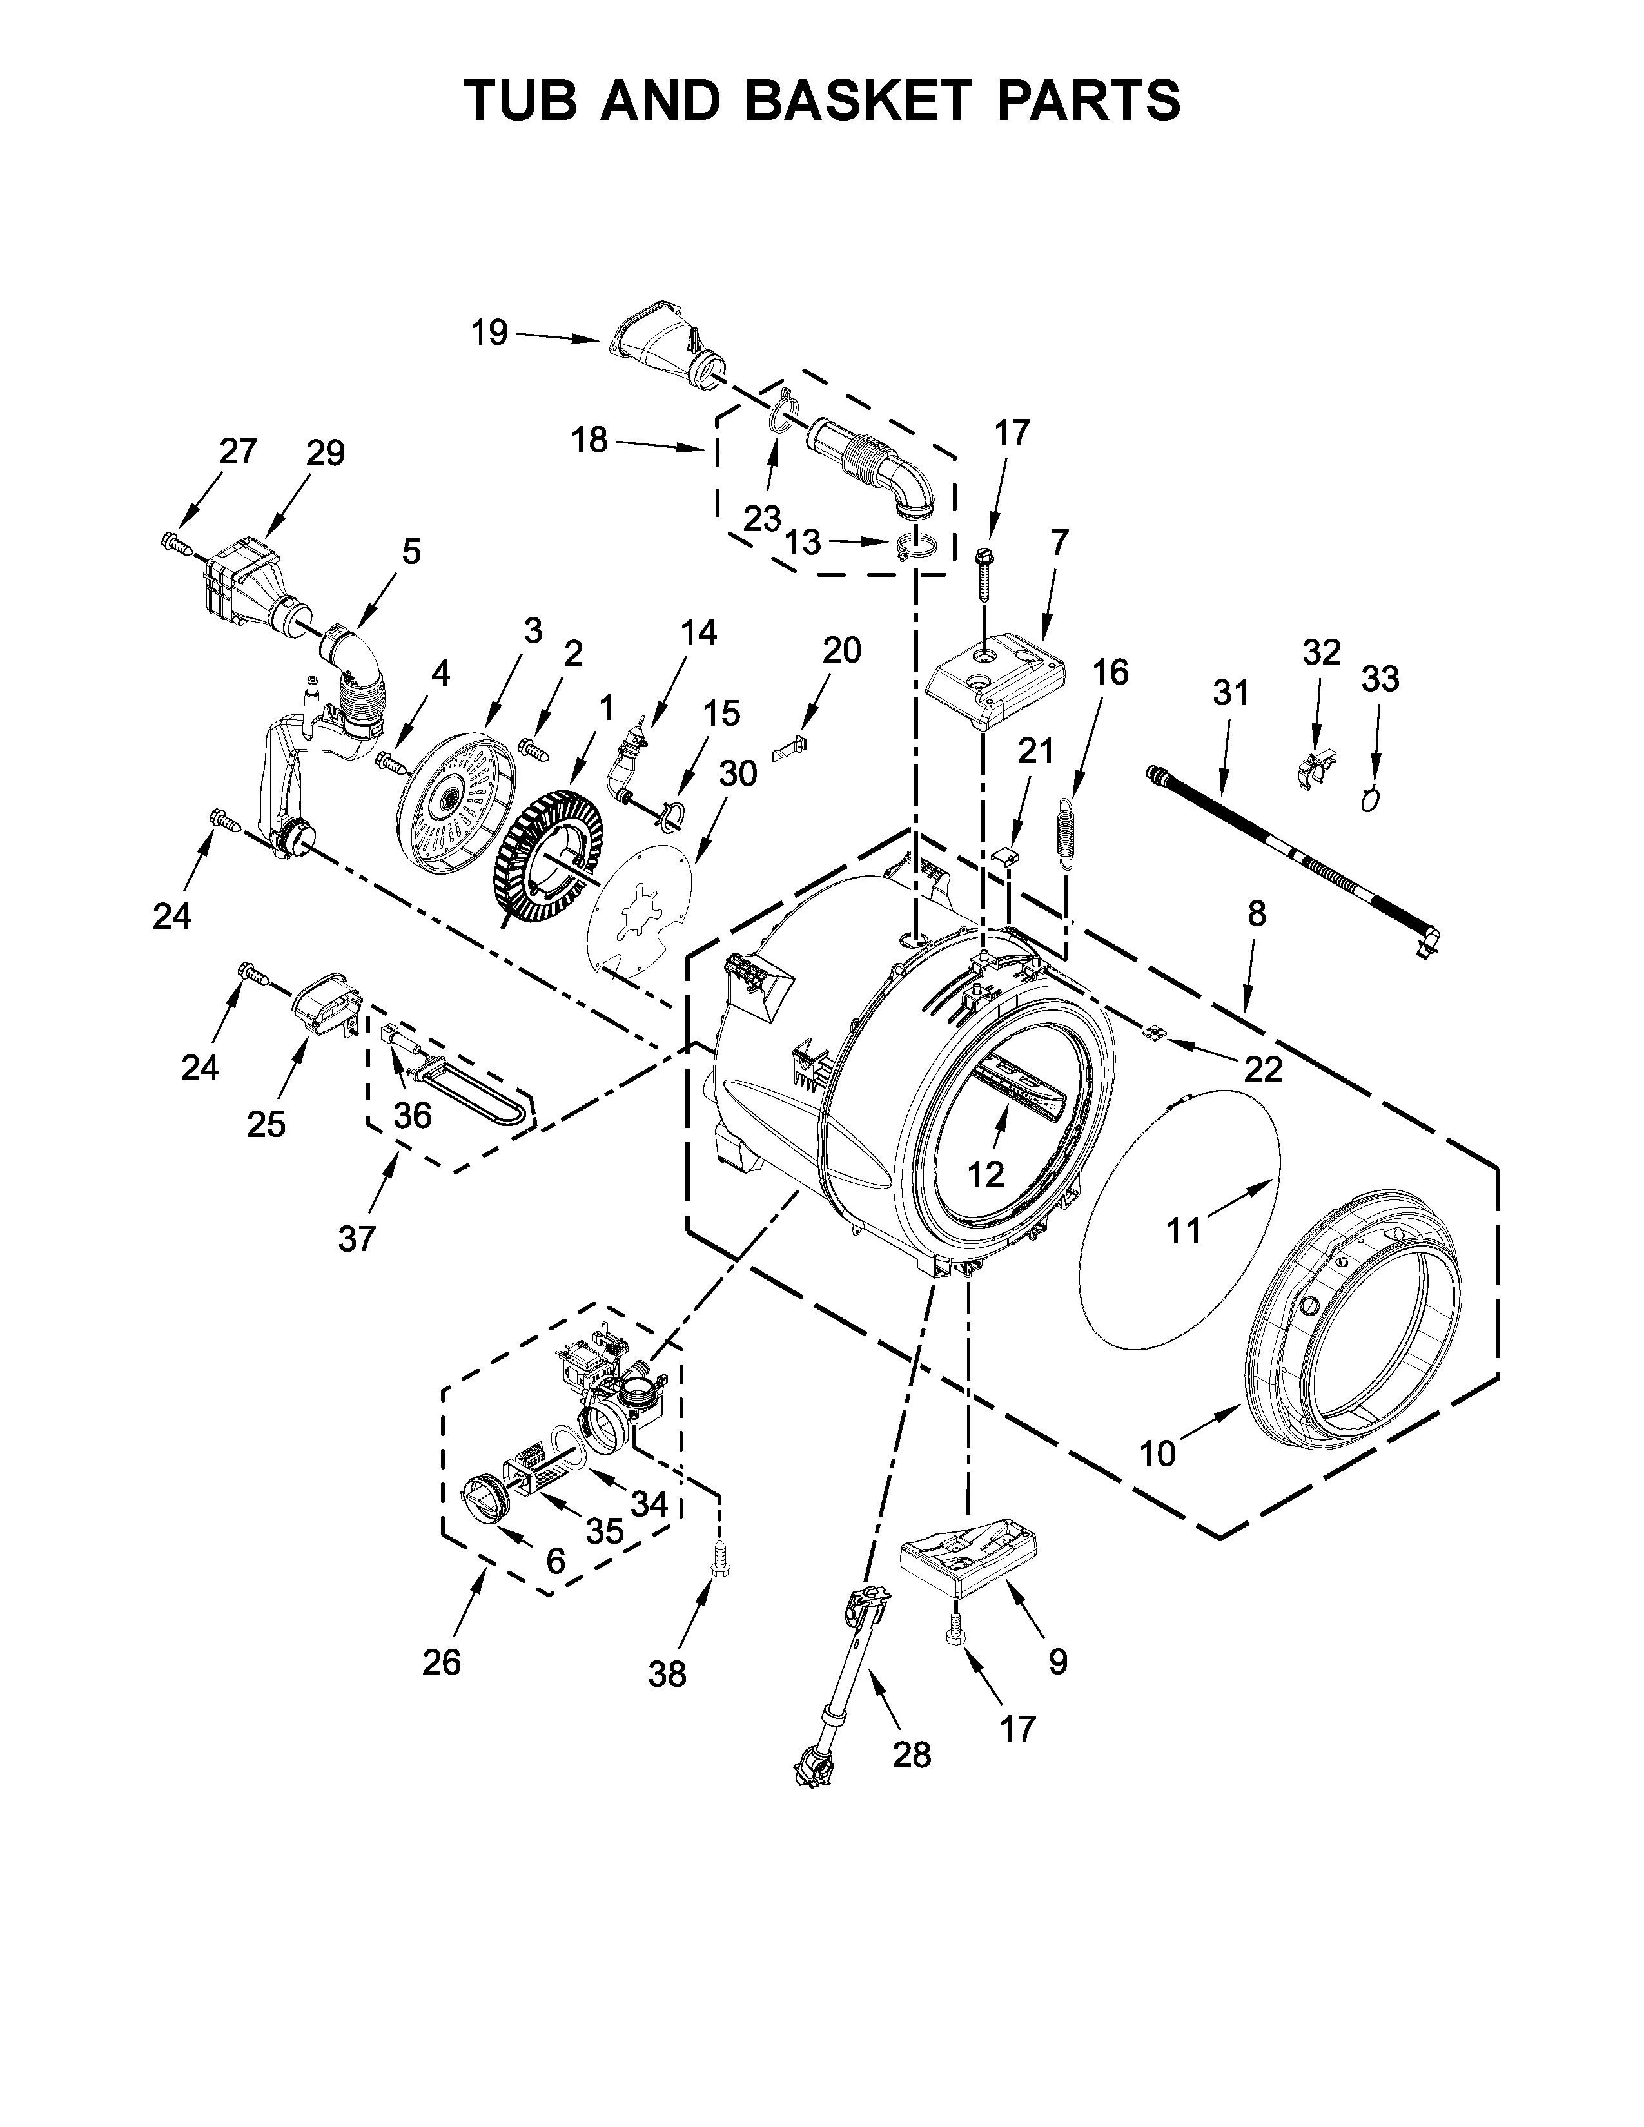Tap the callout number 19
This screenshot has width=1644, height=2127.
(490, 333)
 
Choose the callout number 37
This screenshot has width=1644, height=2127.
(357, 1239)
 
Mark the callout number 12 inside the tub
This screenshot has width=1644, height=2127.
(986, 1176)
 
